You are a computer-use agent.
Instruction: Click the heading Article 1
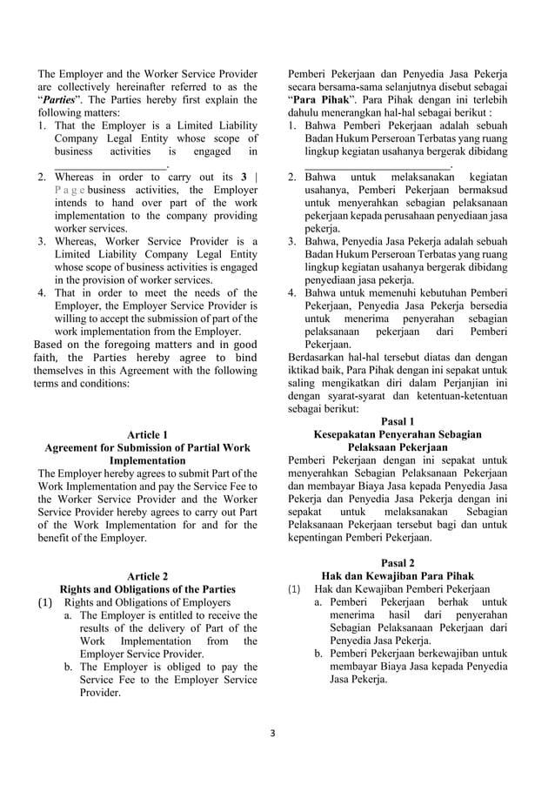point(147,434)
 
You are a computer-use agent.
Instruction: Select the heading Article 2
point(147,575)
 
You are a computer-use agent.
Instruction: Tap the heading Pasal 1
point(398,421)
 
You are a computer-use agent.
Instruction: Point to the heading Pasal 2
point(398,562)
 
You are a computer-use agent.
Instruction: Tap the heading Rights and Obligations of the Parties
point(147,588)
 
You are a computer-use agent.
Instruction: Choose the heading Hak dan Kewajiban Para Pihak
point(398,575)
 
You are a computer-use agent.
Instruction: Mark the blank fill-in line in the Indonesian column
point(377,164)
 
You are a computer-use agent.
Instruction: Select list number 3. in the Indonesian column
point(293,240)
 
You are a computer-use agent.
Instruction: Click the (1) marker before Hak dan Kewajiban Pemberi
point(294,589)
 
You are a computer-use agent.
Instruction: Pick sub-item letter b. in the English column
point(68,667)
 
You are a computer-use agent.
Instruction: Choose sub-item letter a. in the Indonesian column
point(319,602)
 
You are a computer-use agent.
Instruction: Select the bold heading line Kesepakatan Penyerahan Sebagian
point(398,434)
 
